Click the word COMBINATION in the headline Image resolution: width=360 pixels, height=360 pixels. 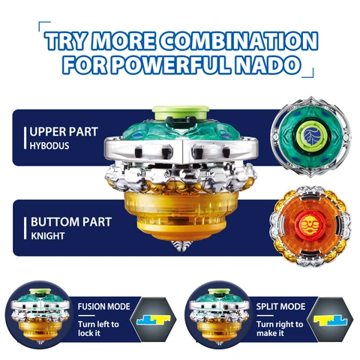(x=238, y=41)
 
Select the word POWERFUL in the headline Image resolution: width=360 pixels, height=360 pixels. (x=170, y=64)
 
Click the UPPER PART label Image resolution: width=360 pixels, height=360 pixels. (x=64, y=132)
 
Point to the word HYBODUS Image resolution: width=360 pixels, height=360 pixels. (x=49, y=146)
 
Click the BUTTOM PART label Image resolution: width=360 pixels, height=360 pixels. (x=71, y=222)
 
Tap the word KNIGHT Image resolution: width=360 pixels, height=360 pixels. (x=48, y=236)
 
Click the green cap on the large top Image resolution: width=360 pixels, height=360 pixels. (x=181, y=112)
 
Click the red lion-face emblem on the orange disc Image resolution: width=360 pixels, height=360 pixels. (x=310, y=223)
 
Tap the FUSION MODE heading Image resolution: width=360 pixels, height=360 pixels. (x=103, y=307)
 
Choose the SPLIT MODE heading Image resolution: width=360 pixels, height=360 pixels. (x=280, y=307)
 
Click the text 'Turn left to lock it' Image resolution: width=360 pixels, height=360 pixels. (x=98, y=328)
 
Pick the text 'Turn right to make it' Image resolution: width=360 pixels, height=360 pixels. (x=280, y=328)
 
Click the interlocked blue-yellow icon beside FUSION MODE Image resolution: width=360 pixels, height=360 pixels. (x=154, y=319)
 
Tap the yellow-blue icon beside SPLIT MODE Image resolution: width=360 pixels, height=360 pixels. (x=331, y=320)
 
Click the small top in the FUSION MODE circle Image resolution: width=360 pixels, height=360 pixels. (x=40, y=316)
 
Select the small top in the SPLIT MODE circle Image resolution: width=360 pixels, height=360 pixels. (x=219, y=316)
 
